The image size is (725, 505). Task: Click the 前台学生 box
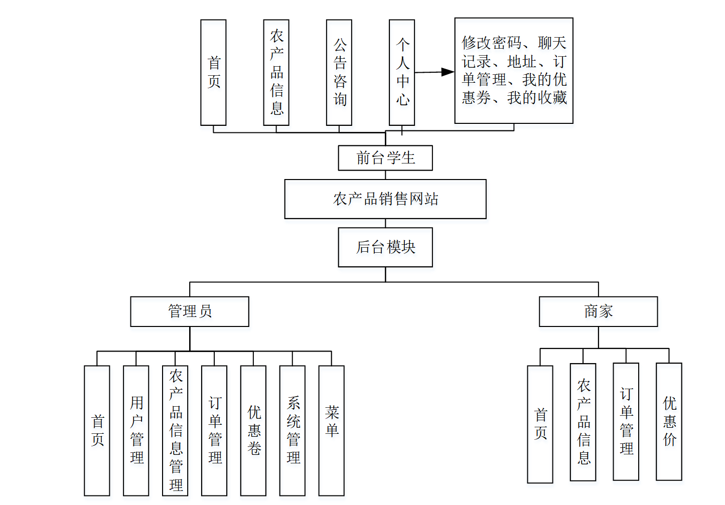pyautogui.click(x=385, y=158)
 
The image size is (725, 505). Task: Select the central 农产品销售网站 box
pyautogui.click(x=385, y=199)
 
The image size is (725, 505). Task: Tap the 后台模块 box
pyautogui.click(x=385, y=247)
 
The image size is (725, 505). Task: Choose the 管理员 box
pyautogui.click(x=190, y=311)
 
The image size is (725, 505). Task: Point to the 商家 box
pyautogui.click(x=598, y=311)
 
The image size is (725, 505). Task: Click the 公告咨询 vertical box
pyautogui.click(x=339, y=73)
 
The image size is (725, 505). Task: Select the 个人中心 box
pyautogui.click(x=402, y=73)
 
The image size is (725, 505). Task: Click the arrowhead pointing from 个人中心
pyautogui.click(x=448, y=72)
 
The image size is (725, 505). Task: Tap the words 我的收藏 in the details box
pyautogui.click(x=537, y=98)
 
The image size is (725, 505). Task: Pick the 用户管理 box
pyautogui.click(x=136, y=430)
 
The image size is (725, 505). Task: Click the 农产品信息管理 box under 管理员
pyautogui.click(x=175, y=430)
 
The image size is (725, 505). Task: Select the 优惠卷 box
pyautogui.click(x=253, y=430)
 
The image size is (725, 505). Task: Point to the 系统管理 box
pyautogui.click(x=293, y=430)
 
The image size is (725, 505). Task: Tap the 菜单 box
pyautogui.click(x=332, y=430)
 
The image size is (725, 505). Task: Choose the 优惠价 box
pyautogui.click(x=669, y=421)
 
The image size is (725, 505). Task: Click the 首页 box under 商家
pyautogui.click(x=540, y=424)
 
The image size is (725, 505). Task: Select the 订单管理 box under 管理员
pyautogui.click(x=214, y=430)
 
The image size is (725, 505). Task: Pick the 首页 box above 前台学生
pyautogui.click(x=213, y=73)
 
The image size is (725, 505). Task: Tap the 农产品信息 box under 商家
pyautogui.click(x=583, y=422)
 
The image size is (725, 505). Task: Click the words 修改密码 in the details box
pyautogui.click(x=492, y=43)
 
